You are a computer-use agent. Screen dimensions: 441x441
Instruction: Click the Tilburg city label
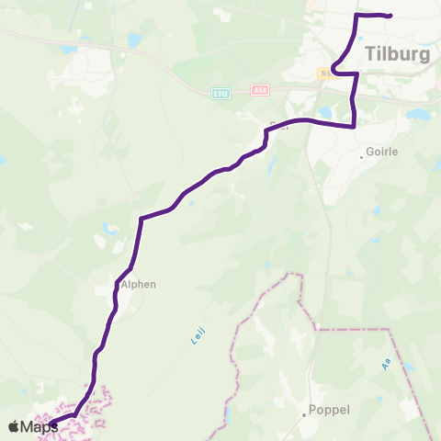(x=397, y=53)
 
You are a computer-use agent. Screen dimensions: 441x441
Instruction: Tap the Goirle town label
(x=382, y=153)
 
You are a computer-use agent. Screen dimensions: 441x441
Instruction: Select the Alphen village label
(x=140, y=284)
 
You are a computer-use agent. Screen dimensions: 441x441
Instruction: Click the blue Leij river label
(x=197, y=335)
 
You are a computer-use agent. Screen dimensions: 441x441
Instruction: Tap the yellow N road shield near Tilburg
(x=327, y=72)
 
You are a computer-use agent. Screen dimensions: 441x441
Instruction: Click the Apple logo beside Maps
(x=15, y=426)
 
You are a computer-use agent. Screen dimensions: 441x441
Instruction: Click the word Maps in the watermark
(x=40, y=426)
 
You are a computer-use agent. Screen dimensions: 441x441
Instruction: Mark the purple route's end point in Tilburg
(x=390, y=16)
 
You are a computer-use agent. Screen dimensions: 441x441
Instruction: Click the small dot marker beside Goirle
(x=363, y=156)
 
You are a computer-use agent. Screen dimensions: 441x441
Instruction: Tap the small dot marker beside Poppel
(x=304, y=413)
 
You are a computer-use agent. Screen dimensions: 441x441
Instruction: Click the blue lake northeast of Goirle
(x=418, y=116)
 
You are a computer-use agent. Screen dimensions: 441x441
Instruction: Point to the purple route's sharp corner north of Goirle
(x=354, y=127)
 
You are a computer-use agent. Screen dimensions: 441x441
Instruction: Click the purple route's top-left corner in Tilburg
(x=356, y=15)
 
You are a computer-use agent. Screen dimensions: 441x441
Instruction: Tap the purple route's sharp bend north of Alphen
(x=141, y=219)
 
